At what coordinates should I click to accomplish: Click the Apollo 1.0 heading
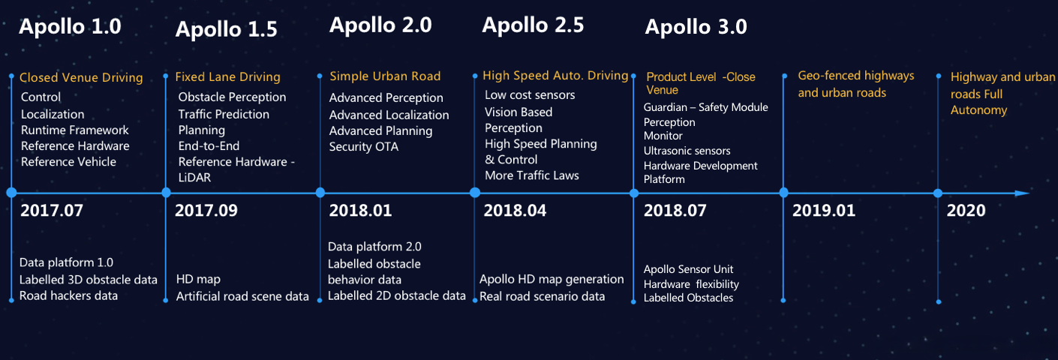(70, 26)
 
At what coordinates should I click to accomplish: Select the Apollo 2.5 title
(533, 25)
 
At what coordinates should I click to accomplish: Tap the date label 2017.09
(206, 211)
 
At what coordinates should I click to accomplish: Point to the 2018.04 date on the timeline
(515, 211)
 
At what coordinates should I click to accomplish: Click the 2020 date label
(966, 211)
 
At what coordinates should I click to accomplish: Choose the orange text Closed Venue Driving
(81, 77)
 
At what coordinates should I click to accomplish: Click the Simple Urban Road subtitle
(385, 76)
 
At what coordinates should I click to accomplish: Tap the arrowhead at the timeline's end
(1021, 193)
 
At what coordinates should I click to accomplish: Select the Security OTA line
(364, 147)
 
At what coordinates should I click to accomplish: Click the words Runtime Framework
(75, 130)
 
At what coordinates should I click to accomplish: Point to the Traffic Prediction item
(224, 114)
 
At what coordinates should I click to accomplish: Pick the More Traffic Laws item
(532, 175)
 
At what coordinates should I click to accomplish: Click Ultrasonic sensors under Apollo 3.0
(687, 151)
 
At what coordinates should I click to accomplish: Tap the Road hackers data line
(69, 295)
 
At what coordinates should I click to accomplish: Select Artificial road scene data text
(242, 296)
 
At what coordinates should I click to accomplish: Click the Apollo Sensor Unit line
(688, 269)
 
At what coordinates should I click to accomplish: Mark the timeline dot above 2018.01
(320, 193)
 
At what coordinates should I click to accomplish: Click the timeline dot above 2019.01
(784, 193)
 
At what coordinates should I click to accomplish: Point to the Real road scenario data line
(543, 296)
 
